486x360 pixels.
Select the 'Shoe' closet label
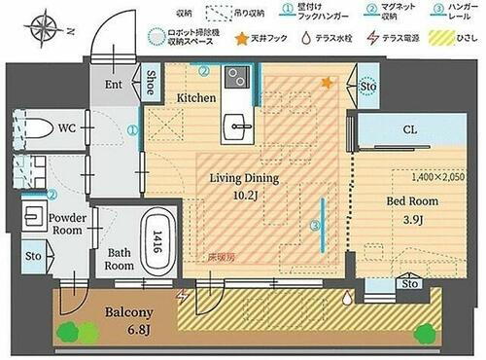coord(153,82)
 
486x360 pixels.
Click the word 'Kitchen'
coord(195,98)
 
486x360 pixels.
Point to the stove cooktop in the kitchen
coord(236,77)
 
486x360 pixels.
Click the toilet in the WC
coord(38,127)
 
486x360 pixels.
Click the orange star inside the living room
coord(327,84)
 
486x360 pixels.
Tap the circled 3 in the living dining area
coord(313,227)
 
